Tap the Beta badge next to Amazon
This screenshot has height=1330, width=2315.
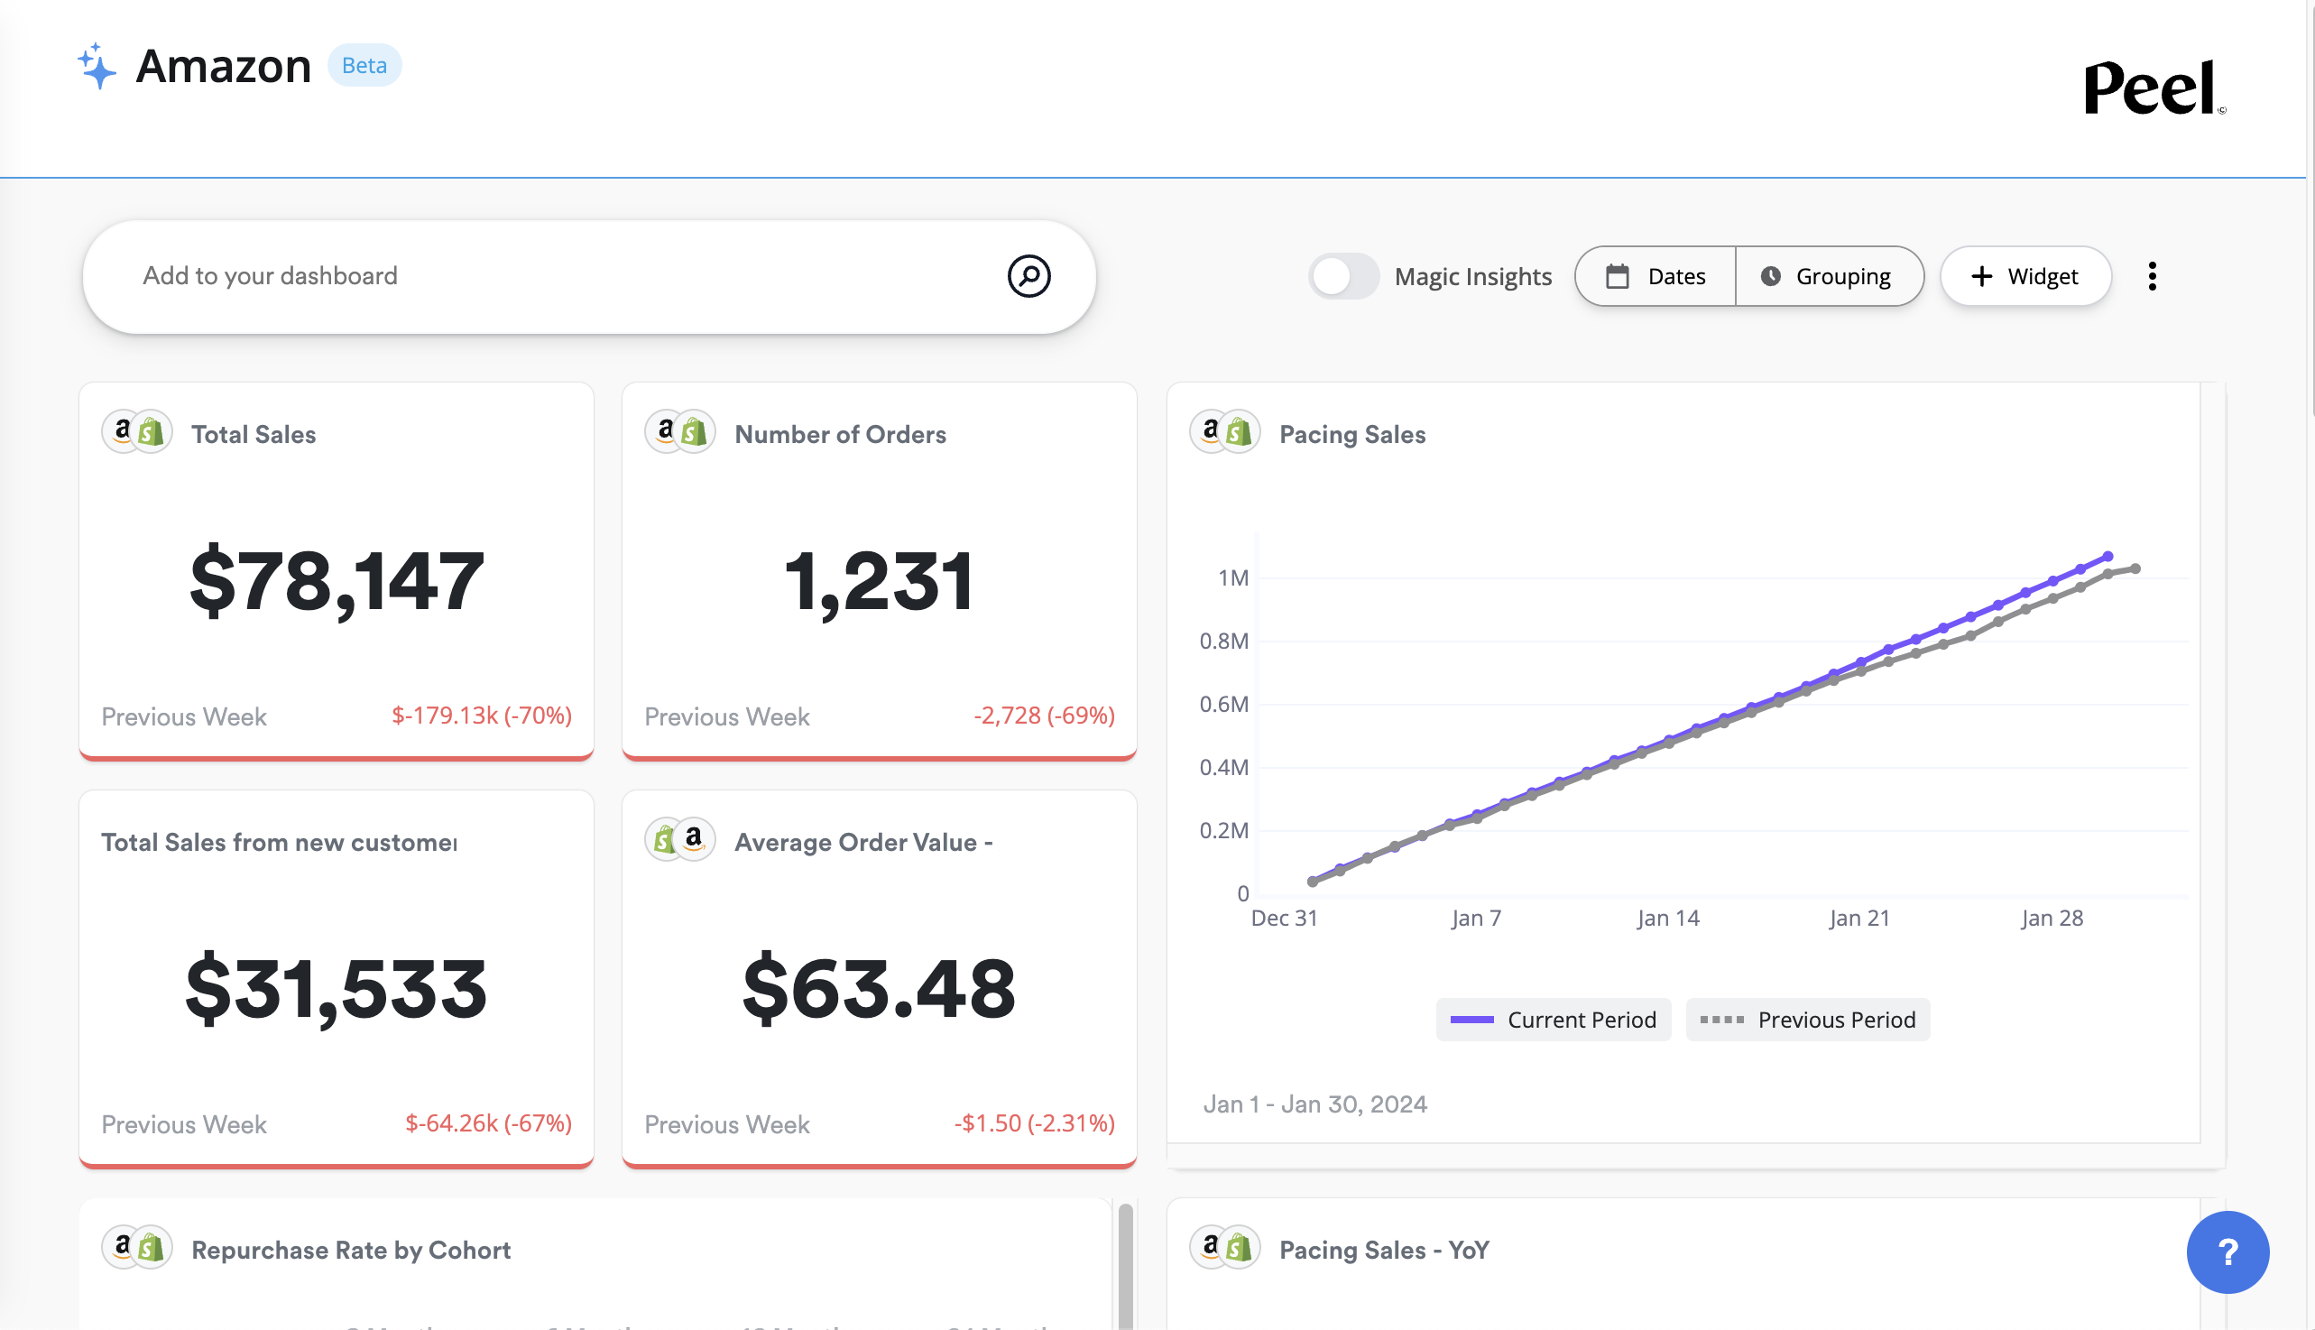tap(364, 66)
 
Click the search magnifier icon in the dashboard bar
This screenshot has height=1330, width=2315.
tap(1028, 276)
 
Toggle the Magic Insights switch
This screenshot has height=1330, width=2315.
tap(1342, 276)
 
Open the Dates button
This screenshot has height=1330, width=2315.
tap(1656, 276)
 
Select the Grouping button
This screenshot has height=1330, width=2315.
tap(1828, 276)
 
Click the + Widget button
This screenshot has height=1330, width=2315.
tap(2024, 276)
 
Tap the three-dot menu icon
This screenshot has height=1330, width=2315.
tap(2152, 276)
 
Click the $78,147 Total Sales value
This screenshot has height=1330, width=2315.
tap(337, 581)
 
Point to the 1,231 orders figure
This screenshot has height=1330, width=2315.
tap(879, 581)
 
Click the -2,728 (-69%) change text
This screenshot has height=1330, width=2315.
tap(1043, 716)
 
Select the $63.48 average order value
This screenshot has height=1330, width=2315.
tap(879, 988)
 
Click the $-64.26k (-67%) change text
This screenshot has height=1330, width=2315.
tap(488, 1122)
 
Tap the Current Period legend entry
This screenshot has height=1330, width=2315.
tap(1554, 1020)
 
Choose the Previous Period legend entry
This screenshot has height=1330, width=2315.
tap(1807, 1020)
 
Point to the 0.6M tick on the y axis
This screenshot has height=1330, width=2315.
tap(1222, 705)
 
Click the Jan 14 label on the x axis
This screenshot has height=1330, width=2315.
tap(1667, 918)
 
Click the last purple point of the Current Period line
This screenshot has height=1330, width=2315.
tap(2107, 557)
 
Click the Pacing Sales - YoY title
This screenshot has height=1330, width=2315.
tap(1384, 1250)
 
